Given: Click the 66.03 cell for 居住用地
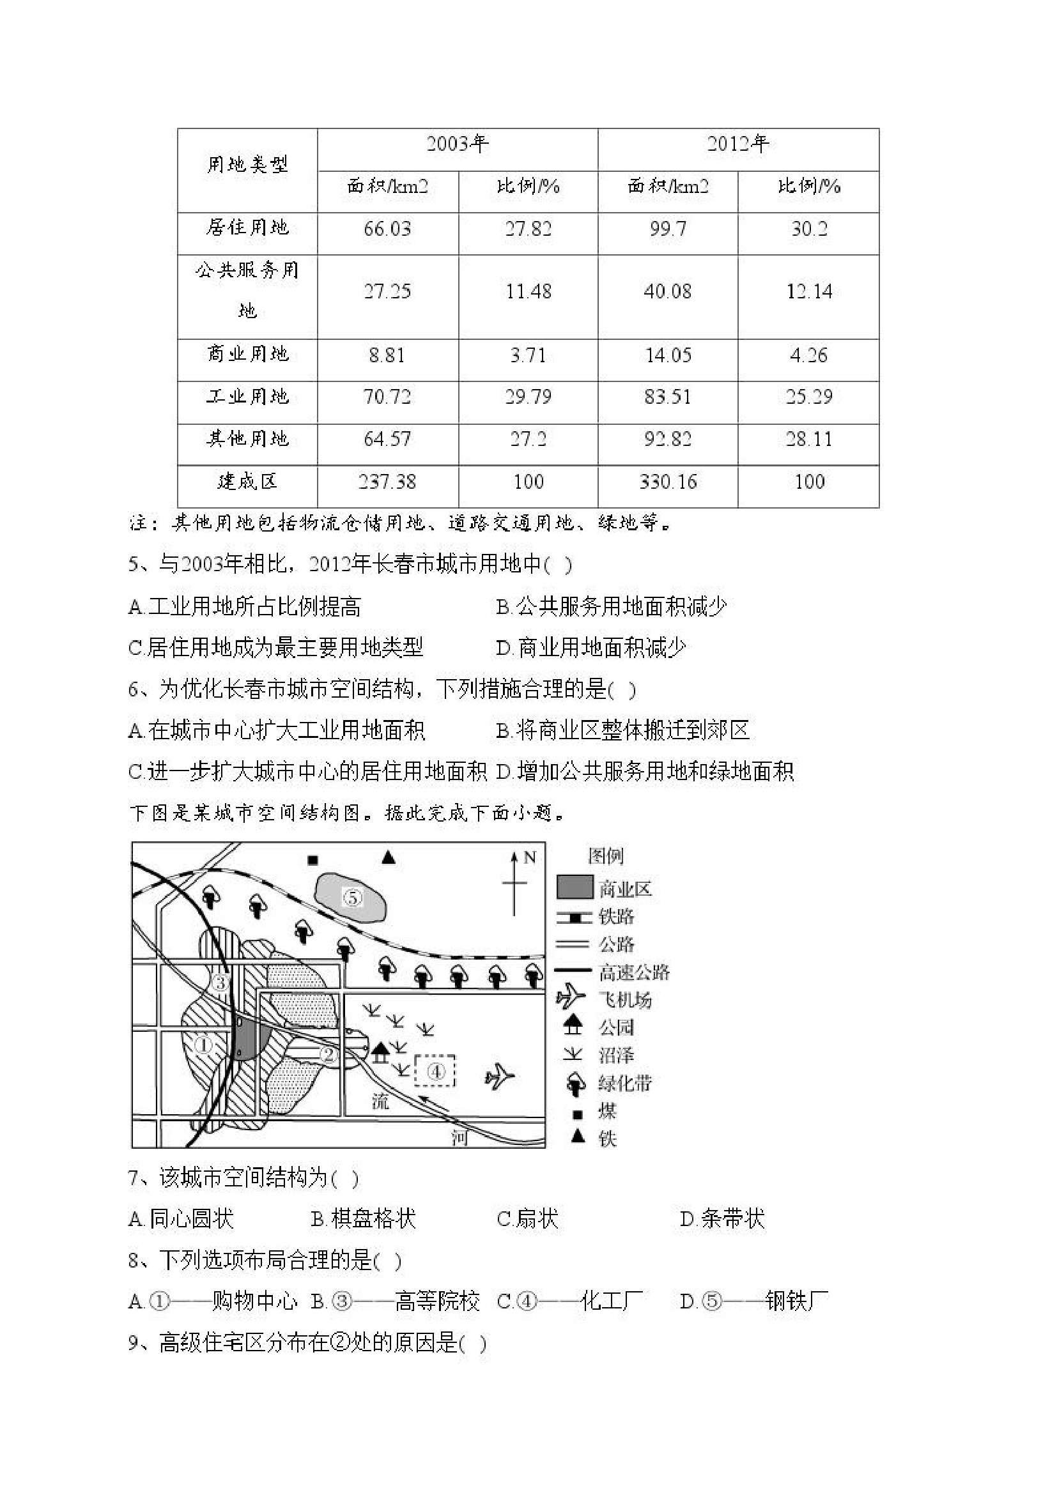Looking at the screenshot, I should coord(387,229).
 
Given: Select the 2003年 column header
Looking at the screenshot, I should coord(457,144).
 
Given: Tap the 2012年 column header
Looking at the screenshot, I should coord(738,144).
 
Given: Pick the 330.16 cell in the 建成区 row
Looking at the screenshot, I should coord(668,482).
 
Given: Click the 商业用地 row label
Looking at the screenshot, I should coord(247,354).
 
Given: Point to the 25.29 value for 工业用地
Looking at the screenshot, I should coord(809,397).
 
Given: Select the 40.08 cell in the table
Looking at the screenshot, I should coord(668,291).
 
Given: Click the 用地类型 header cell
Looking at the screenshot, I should coord(247,165).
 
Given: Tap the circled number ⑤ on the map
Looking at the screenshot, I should coord(352,898).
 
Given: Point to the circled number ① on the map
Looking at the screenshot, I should coord(204,1045).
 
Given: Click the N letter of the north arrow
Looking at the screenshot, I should coord(530,857).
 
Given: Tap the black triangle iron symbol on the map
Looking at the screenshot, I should coord(389,857).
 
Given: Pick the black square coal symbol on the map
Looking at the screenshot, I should coord(312,860).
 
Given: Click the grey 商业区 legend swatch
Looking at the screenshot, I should coord(575,887).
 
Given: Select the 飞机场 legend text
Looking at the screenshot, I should coord(624,999).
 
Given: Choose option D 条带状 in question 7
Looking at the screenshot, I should coord(722,1219).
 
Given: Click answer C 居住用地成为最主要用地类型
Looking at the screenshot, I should coord(276,647).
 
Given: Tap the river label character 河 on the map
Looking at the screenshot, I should coord(459,1137).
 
